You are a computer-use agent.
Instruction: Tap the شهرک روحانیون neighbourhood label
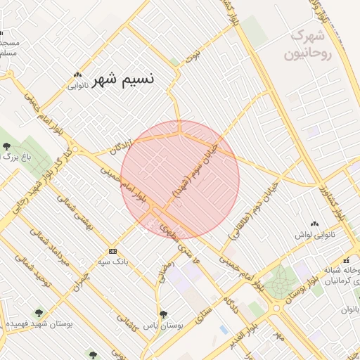tap(308, 44)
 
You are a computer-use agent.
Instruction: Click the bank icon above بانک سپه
tap(112, 251)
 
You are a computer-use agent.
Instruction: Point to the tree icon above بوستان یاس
tap(163, 314)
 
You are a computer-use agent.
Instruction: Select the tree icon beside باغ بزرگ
tap(6, 147)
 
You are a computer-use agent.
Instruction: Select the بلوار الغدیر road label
tap(242, 333)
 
